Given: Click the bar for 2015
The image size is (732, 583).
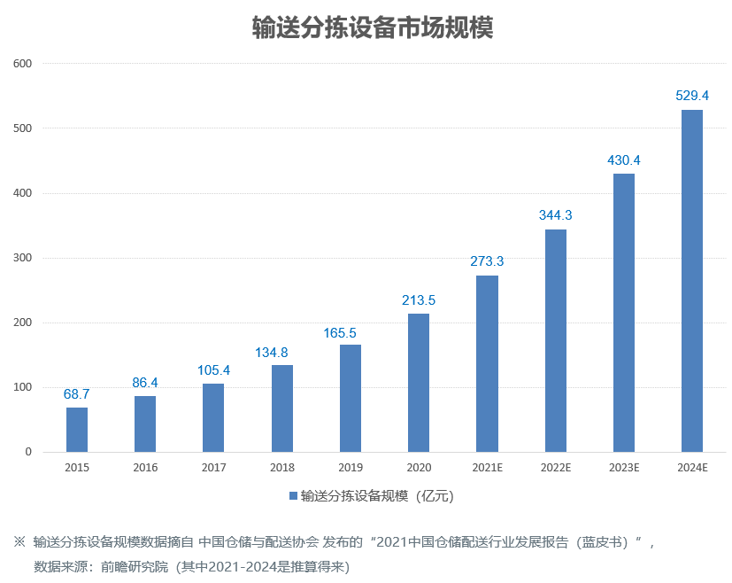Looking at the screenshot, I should coord(77,430).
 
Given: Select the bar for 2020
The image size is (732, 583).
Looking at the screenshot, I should coord(419,383).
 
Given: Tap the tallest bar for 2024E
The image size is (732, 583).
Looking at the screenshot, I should coord(692,281).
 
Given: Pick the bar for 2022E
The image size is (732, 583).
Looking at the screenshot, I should coord(556,341).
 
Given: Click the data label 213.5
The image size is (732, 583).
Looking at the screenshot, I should coord(419,300).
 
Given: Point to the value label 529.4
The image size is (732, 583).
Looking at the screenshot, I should coord(692,96).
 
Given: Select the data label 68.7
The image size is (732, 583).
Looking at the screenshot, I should coord(77,393).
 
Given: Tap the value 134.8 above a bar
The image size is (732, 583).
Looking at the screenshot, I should coord(282,352).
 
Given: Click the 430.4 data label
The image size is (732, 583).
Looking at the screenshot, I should coord(624,160).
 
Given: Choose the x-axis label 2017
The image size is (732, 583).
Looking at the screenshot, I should coord(213,467).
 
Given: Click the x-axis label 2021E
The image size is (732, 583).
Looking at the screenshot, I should coord(487,467).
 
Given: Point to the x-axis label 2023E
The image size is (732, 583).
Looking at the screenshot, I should coord(624,467).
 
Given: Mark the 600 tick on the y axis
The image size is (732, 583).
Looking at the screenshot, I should coord(22,64).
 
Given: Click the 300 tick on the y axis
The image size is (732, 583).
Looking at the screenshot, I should coord(22,258).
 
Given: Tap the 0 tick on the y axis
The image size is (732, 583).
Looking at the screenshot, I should coord(28,452).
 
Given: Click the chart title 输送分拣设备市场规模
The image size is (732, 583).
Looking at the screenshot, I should coord(373,27).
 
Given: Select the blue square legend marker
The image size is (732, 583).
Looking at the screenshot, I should coord(293,496).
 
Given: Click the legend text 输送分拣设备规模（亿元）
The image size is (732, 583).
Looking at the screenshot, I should coord(377,496).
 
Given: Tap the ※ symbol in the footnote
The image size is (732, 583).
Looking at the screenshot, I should coord(19,541).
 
